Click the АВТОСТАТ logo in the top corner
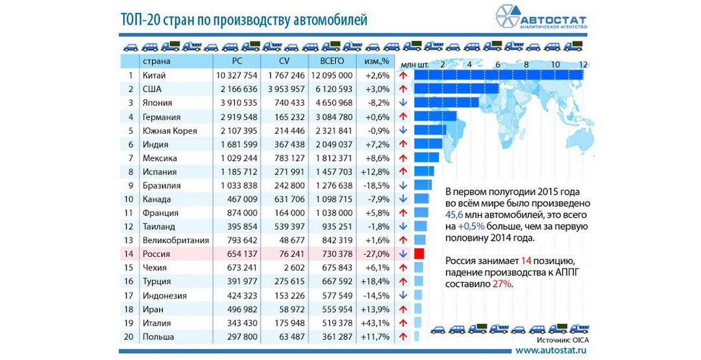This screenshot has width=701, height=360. point(541,18)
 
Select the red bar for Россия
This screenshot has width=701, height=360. point(419,254)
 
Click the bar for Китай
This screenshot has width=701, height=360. point(499,75)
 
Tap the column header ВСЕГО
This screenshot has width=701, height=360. point(332,61)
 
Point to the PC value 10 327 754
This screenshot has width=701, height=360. point(237,75)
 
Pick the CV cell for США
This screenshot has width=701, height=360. point(286,90)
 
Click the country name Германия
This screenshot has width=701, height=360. point(162,117)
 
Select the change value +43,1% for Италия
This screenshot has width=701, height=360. point(377,323)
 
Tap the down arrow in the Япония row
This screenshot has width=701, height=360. point(403,102)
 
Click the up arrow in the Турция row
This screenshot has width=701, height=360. point(403,282)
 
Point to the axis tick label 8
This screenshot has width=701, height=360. point(526,64)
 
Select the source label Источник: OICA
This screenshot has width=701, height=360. point(563,341)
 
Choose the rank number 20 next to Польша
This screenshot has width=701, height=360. point(129,337)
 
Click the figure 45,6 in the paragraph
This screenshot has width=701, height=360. point(454,215)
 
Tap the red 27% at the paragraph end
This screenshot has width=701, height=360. point(501,283)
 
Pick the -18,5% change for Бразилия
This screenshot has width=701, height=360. point(378,186)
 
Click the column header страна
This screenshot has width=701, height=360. point(156,62)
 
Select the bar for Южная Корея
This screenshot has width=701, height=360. point(430,130)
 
